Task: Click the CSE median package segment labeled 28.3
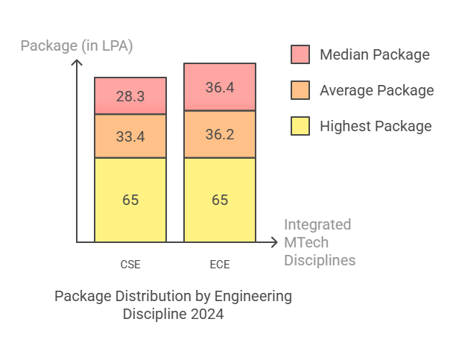pos(130,95)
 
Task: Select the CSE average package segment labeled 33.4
pos(130,136)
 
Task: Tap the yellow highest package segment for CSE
pos(130,200)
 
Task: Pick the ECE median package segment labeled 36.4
pos(220,87)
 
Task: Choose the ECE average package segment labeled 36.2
pos(220,134)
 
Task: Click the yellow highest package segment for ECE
pos(220,200)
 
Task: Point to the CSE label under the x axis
pos(130,265)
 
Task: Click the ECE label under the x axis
pos(220,265)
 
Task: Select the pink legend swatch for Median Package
pos(300,54)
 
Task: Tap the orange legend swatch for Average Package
pos(300,90)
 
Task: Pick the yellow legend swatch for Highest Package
pos(300,126)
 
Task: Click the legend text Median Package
pos(374,54)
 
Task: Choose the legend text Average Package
pos(376,90)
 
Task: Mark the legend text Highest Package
pos(376,126)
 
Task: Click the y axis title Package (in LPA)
pos(76,45)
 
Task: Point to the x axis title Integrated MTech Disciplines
pos(319,242)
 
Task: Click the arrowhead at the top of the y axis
pos(77,62)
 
